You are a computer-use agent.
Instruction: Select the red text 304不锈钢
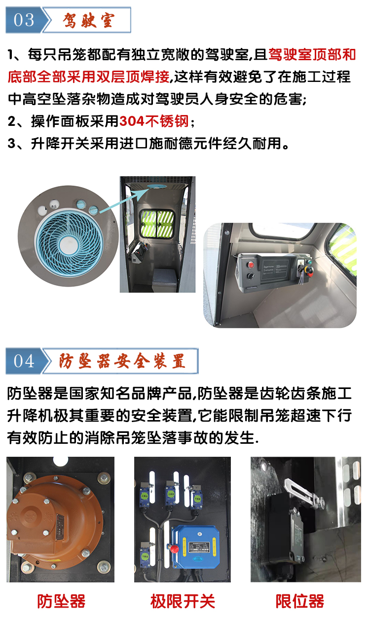pyautogui.click(x=154, y=121)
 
